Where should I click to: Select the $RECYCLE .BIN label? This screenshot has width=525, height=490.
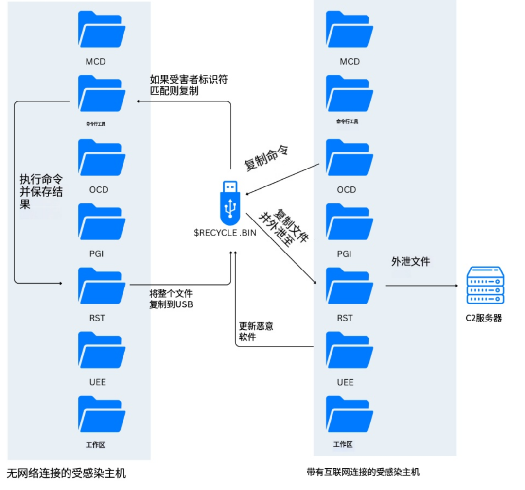click(x=225, y=233)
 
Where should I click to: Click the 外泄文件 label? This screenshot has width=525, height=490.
click(x=411, y=262)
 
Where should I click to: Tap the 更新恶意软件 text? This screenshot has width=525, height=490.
click(x=255, y=332)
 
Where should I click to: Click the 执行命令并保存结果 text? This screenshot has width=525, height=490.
click(x=41, y=192)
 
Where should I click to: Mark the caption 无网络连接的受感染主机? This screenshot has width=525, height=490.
click(x=67, y=473)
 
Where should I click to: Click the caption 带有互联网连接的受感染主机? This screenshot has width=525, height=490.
click(x=363, y=472)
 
